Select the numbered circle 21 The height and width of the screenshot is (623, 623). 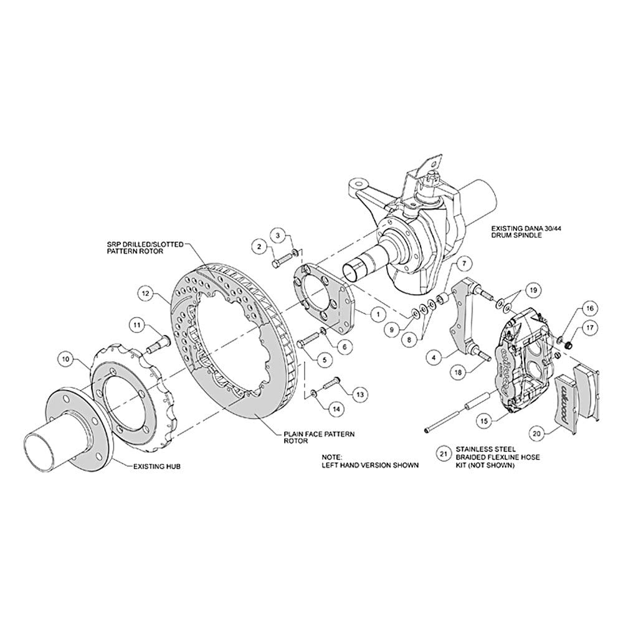point(444,454)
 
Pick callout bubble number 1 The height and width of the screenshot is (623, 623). point(378,314)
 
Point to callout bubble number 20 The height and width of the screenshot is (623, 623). point(536,434)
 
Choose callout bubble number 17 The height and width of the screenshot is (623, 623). point(589,328)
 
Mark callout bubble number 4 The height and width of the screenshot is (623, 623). point(434,358)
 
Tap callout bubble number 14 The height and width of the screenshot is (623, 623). point(336,409)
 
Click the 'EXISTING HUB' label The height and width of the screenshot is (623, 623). point(156,466)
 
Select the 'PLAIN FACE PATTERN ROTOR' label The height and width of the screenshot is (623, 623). point(319,437)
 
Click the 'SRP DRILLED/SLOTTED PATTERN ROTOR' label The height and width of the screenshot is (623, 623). point(145,248)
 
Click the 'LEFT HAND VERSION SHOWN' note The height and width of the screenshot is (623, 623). point(370,465)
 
